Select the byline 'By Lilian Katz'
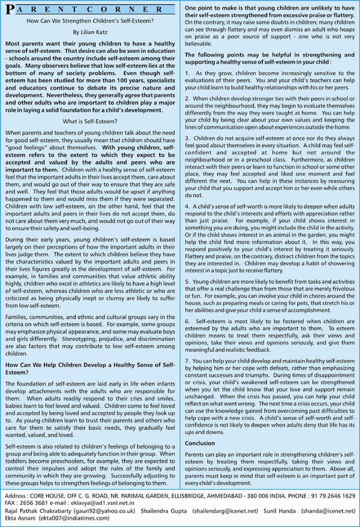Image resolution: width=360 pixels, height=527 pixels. click(92, 34)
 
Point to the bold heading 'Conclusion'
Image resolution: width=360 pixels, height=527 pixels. click(200, 443)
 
